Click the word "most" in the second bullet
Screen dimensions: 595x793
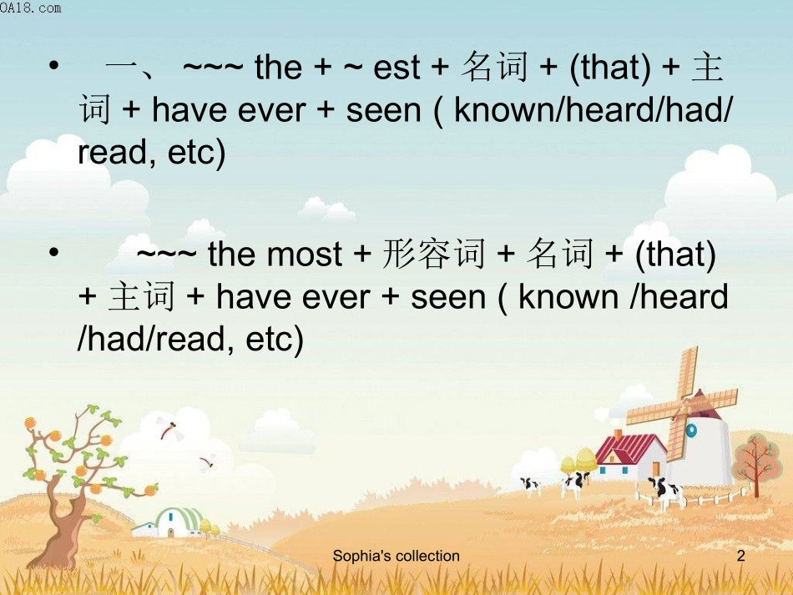pos(305,255)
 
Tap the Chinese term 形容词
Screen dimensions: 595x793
pos(433,255)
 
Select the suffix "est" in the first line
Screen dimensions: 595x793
pos(396,68)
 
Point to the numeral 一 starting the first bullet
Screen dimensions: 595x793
pos(124,68)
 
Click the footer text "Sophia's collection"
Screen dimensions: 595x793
pos(396,556)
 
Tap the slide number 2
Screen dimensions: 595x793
pos(740,556)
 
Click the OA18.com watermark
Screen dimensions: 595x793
pos(31,8)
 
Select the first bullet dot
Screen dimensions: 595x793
pos(53,66)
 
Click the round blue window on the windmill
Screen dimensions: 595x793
pos(690,430)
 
